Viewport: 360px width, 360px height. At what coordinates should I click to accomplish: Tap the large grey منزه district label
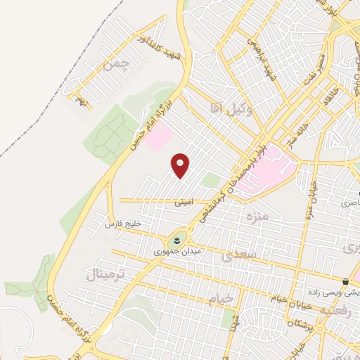(x=254, y=214)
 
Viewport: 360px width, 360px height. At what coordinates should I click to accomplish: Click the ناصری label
(x=349, y=202)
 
